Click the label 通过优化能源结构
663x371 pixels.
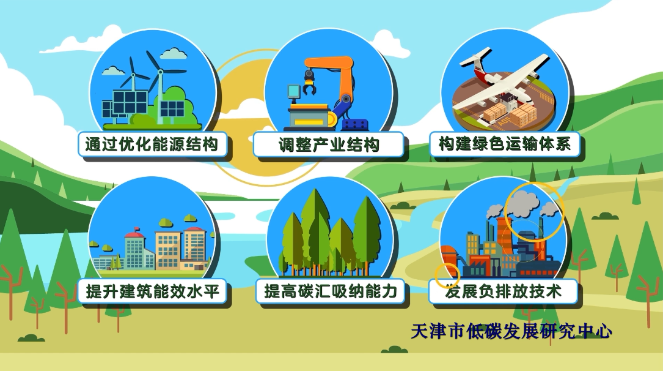(152, 144)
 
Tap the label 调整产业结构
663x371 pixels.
(329, 145)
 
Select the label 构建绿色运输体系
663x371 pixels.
(505, 144)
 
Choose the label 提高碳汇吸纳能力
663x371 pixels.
(331, 291)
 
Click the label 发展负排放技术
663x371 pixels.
(503, 291)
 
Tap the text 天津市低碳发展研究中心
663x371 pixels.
(511, 331)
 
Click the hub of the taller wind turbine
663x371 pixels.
(160, 72)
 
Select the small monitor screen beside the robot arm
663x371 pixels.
(293, 91)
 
